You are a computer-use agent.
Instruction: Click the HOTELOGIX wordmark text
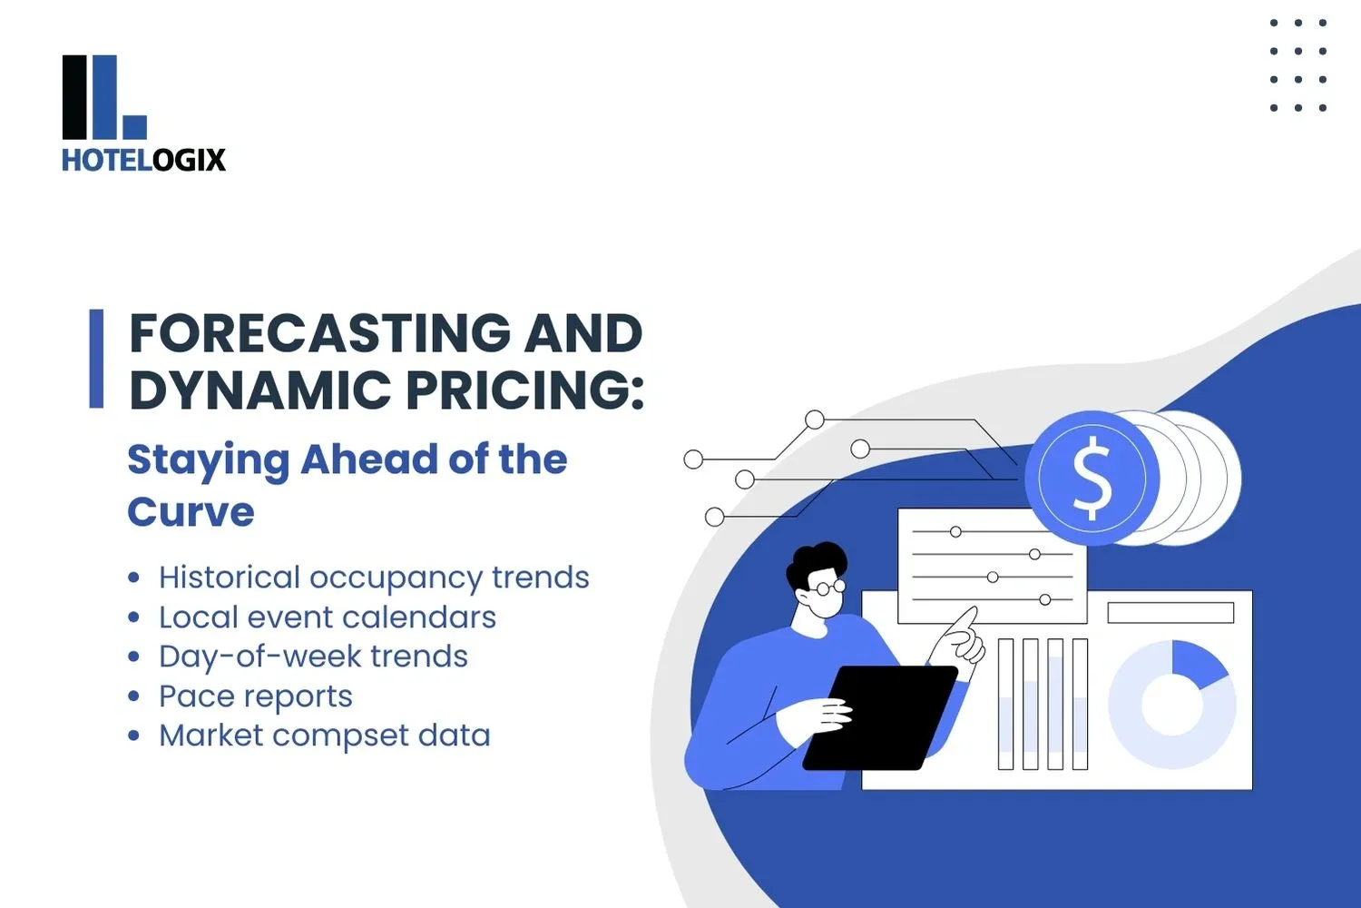[143, 160]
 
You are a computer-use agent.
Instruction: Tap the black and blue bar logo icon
[103, 98]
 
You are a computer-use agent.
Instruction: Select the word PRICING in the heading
[524, 390]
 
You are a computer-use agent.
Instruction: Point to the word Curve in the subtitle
[191, 512]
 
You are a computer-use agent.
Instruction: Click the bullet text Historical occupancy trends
[374, 577]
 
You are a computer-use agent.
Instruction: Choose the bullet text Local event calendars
[328, 617]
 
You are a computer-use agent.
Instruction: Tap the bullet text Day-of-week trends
[313, 656]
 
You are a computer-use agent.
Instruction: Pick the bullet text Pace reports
[256, 696]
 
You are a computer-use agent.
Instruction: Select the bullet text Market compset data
[324, 735]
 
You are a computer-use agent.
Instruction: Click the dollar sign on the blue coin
[1092, 479]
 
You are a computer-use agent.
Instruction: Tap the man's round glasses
[827, 587]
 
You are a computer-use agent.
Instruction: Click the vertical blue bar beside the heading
[96, 359]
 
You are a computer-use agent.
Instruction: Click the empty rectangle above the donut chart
[1170, 613]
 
